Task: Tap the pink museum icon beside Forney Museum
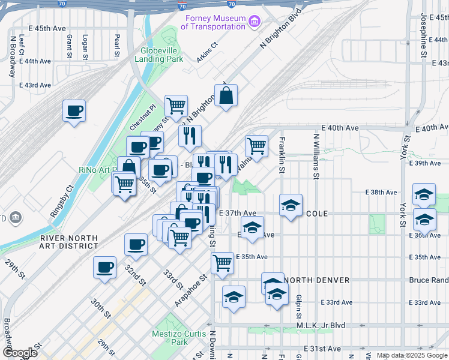[x=255, y=23]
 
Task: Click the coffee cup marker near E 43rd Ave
[x=74, y=111]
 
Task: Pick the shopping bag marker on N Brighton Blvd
[x=226, y=95]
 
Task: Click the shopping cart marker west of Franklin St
[x=256, y=145]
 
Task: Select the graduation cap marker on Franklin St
[x=291, y=206]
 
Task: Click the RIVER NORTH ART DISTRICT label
[x=68, y=242]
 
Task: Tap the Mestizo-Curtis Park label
[x=179, y=338]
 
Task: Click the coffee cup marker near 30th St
[x=104, y=267]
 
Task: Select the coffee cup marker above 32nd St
[x=136, y=244]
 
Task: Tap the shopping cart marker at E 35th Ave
[x=222, y=263]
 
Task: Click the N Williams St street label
[x=315, y=157]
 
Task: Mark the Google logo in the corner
[x=20, y=353]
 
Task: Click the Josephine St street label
[x=423, y=37]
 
